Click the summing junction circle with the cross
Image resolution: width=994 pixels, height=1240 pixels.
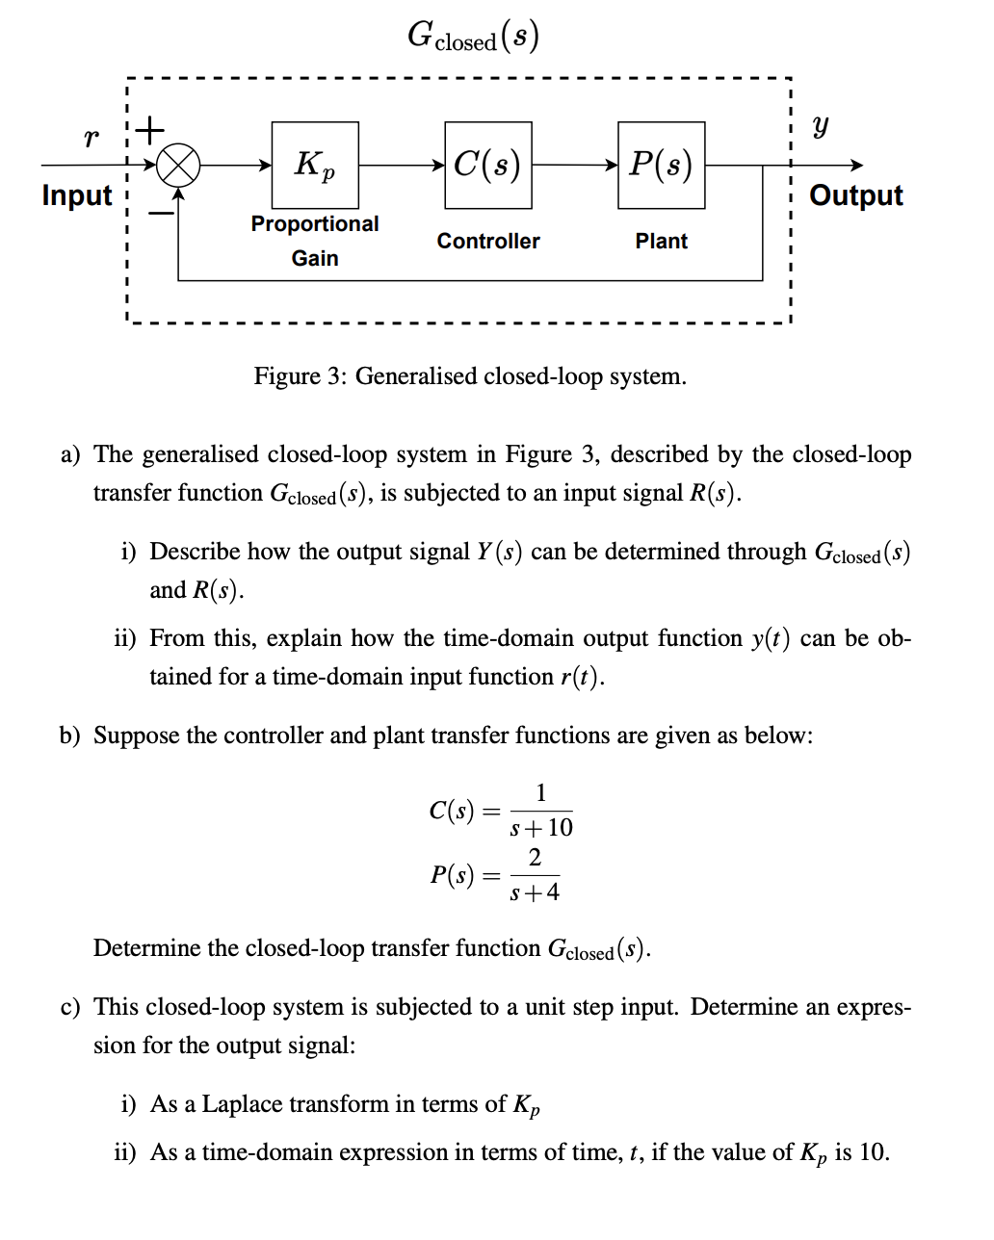179,166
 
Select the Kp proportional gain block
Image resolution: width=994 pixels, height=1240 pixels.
315,165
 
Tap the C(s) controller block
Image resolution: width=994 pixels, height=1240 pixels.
488,165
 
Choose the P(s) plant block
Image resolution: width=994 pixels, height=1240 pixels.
662,165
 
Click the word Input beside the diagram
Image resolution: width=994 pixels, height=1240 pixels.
77,195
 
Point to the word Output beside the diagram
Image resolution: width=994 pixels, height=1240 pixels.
856,195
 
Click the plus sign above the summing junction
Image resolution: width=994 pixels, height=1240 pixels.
151,127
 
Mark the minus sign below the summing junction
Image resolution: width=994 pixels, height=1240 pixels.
160,212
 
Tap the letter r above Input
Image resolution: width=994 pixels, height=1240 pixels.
91,138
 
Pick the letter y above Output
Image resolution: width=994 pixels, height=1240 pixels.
820,126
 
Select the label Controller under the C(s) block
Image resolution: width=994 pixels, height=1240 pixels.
488,241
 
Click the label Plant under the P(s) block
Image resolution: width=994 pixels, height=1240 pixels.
662,241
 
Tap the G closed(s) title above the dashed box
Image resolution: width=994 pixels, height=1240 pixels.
473,37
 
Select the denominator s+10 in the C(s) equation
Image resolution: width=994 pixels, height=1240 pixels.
541,828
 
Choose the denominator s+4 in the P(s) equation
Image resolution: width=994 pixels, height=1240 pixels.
535,892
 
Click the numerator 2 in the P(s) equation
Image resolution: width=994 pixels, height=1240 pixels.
535,857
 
